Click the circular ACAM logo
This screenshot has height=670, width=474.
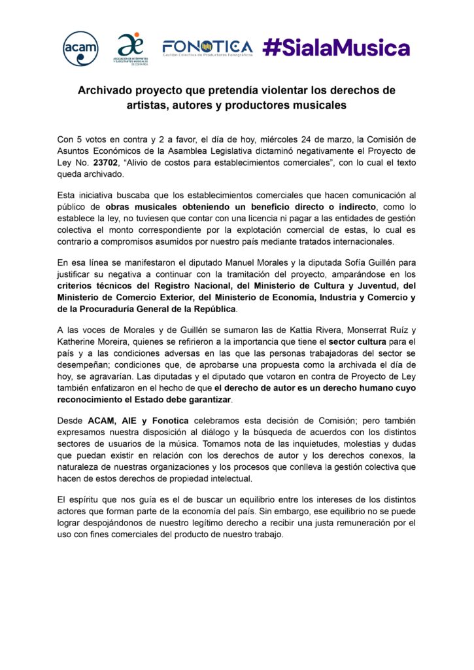(x=80, y=48)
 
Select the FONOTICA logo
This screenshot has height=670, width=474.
(x=207, y=48)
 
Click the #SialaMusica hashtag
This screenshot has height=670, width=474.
(x=336, y=47)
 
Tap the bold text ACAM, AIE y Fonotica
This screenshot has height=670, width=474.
(x=131, y=420)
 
